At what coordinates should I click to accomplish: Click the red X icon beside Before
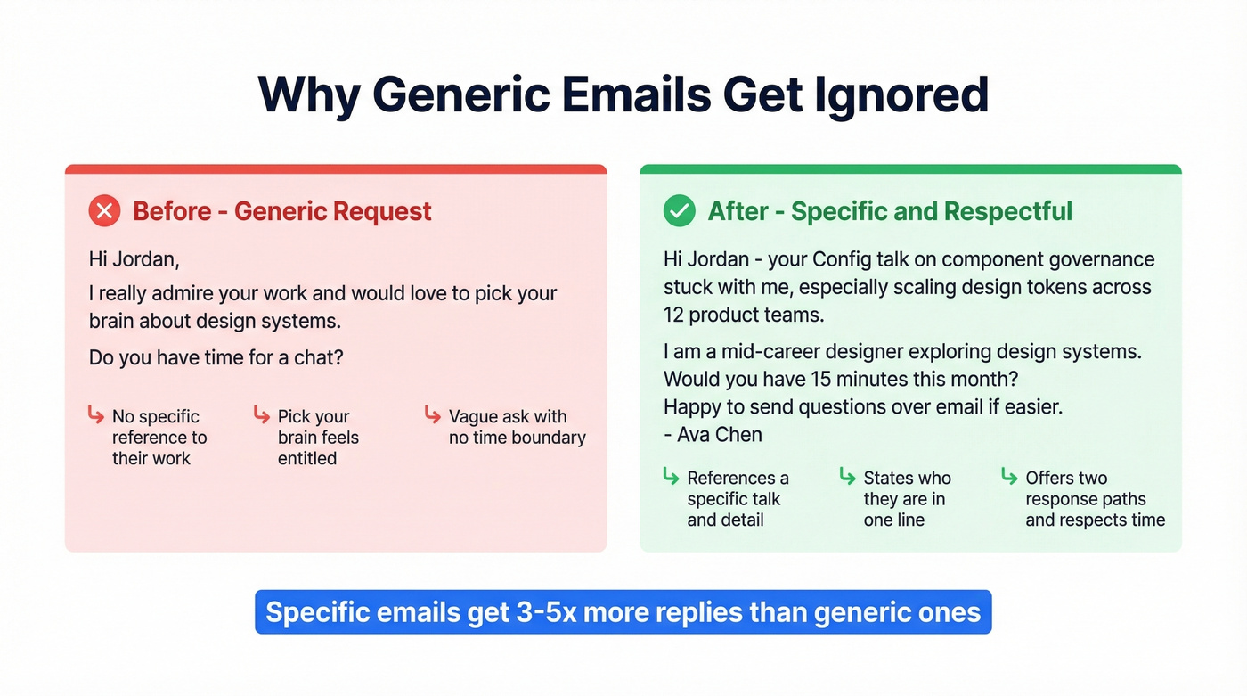pyautogui.click(x=105, y=211)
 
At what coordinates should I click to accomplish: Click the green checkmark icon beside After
pyautogui.click(x=680, y=211)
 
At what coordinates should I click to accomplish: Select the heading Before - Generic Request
pyautogui.click(x=281, y=211)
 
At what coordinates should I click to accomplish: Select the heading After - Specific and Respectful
pyautogui.click(x=890, y=211)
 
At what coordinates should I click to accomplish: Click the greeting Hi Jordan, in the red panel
pyautogui.click(x=134, y=260)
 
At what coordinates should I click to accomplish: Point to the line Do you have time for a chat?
pyautogui.click(x=216, y=357)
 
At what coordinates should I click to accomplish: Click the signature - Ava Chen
pyautogui.click(x=713, y=435)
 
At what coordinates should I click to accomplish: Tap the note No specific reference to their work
pyautogui.click(x=159, y=438)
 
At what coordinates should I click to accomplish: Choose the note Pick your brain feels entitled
pyautogui.click(x=318, y=438)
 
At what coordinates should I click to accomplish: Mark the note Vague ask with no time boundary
pyautogui.click(x=517, y=427)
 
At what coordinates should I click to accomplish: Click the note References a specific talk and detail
pyautogui.click(x=738, y=499)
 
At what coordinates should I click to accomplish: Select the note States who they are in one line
pyautogui.click(x=907, y=499)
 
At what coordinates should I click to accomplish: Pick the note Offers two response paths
pyautogui.click(x=1095, y=499)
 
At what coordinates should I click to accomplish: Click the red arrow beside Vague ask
pyautogui.click(x=433, y=414)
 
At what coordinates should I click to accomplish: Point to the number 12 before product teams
pyautogui.click(x=673, y=314)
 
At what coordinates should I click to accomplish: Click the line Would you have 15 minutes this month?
pyautogui.click(x=841, y=379)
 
